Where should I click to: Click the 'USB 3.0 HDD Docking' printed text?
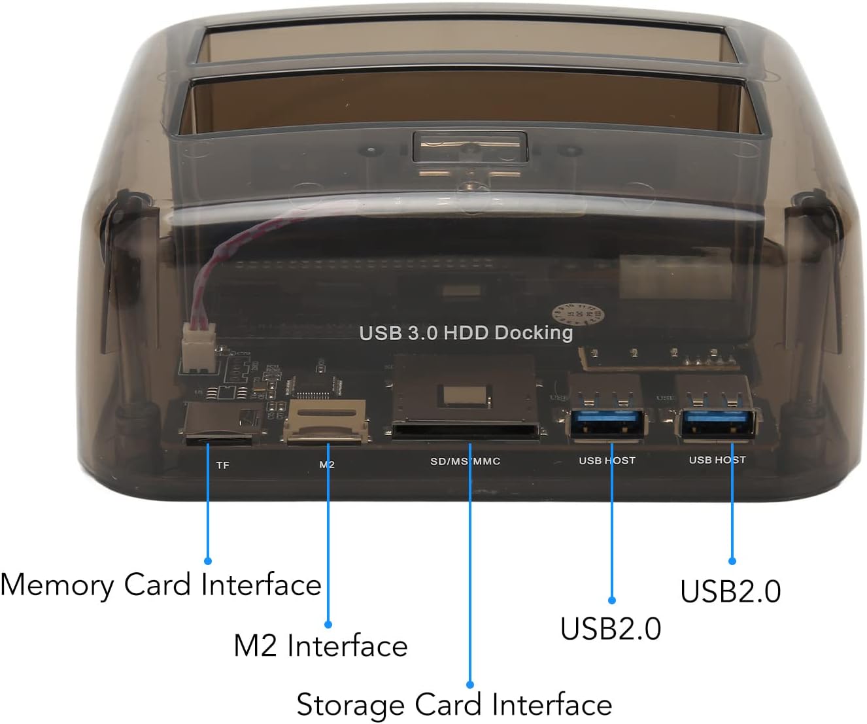click(x=466, y=332)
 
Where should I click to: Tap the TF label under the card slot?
click(x=223, y=465)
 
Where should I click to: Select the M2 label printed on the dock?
click(x=327, y=464)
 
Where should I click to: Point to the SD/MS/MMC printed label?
click(x=465, y=461)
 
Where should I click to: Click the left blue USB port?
click(x=607, y=421)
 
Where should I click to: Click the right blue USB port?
click(x=718, y=422)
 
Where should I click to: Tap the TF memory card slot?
click(x=219, y=428)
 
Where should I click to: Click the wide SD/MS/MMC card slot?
click(x=467, y=430)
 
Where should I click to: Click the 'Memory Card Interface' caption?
click(x=161, y=585)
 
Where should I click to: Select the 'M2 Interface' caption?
click(x=320, y=646)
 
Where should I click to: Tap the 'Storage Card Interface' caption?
click(x=454, y=705)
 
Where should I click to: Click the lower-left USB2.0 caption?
click(x=611, y=629)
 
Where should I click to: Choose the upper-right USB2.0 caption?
click(x=730, y=591)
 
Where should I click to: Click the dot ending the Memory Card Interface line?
click(x=208, y=560)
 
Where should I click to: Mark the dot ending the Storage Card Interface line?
click(x=470, y=684)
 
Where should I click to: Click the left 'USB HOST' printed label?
click(x=607, y=460)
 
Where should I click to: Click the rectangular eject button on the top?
click(x=470, y=147)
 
